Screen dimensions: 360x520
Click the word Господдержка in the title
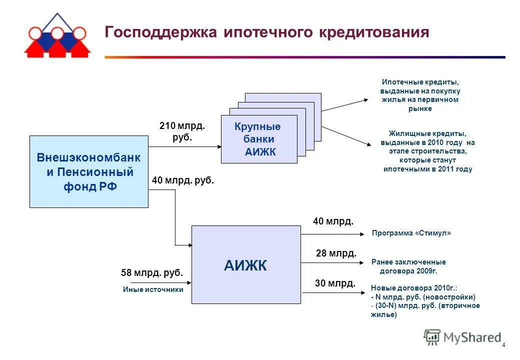[x=160, y=32]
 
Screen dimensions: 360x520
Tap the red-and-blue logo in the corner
[x=57, y=35]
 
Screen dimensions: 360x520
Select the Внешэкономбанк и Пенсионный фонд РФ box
[x=89, y=171]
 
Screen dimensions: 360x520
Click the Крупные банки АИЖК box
[x=259, y=139]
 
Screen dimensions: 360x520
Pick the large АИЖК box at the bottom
[x=246, y=265]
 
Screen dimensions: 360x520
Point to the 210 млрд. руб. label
[x=182, y=131]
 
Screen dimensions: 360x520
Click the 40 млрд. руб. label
[x=182, y=181]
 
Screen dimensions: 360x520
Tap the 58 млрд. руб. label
[x=152, y=273]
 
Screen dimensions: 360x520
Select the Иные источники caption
[x=153, y=289]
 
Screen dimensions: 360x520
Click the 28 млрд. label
[x=336, y=253]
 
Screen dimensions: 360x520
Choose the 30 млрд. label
[x=335, y=283]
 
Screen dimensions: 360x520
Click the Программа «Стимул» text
[x=411, y=233]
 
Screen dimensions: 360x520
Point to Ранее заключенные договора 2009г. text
[x=408, y=266]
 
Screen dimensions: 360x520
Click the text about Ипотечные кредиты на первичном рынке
[x=420, y=95]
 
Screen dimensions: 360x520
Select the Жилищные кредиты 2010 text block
[x=427, y=151]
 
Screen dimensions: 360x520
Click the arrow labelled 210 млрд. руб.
[x=184, y=147]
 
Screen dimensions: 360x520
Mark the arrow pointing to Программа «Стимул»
[x=334, y=233]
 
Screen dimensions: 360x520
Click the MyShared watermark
[x=462, y=337]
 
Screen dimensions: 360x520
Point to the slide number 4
[x=503, y=345]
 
